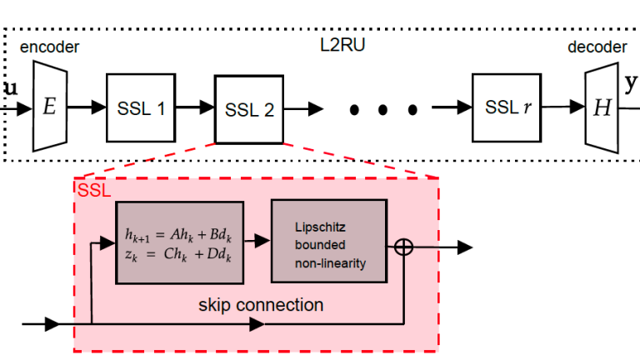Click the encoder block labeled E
(x=49, y=108)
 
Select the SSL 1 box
(x=140, y=107)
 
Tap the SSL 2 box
(x=248, y=109)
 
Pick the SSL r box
(x=505, y=107)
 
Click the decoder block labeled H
(x=599, y=107)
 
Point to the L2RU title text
(x=342, y=45)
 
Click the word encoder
(x=49, y=47)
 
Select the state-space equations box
(x=178, y=242)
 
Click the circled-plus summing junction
(x=404, y=247)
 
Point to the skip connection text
(x=261, y=305)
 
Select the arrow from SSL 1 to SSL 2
(x=193, y=107)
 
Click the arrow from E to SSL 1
(x=86, y=107)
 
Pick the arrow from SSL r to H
(x=562, y=107)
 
